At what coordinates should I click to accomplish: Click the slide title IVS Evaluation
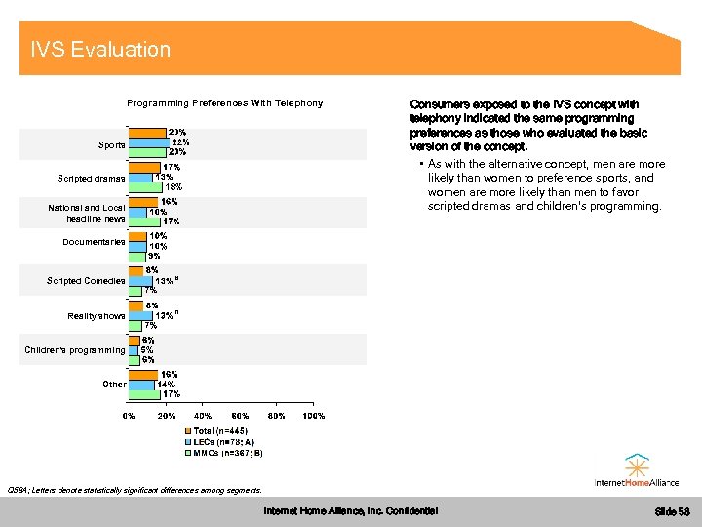[x=100, y=50]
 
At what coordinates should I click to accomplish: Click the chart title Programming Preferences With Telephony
[x=224, y=103]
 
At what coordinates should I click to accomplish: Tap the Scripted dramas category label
[x=92, y=178]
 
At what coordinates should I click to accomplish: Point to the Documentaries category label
[x=94, y=242]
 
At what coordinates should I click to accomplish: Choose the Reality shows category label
[x=97, y=316]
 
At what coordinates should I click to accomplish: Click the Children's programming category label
[x=75, y=350]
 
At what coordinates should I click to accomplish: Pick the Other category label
[x=114, y=385]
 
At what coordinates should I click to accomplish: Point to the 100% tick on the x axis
[x=314, y=417]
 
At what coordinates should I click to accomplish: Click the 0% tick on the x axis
[x=129, y=417]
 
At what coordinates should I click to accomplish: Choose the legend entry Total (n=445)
[x=221, y=430]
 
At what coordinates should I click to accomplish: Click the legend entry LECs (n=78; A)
[x=223, y=442]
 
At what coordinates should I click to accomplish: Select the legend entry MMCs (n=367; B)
[x=228, y=453]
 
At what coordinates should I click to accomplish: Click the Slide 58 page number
[x=672, y=512]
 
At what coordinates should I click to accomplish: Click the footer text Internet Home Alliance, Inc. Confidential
[x=351, y=511]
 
